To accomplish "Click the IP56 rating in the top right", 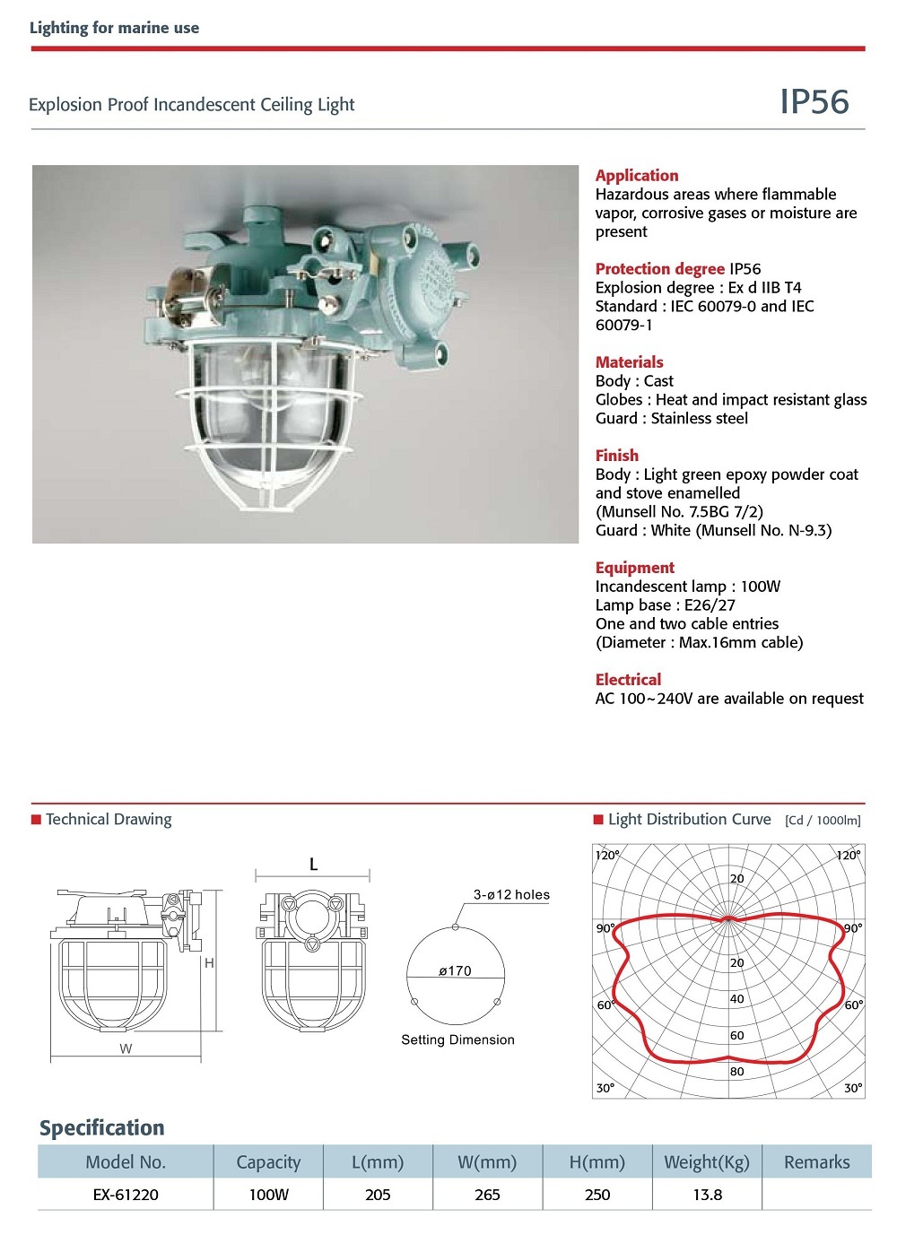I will tap(814, 102).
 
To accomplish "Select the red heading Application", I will tap(637, 176).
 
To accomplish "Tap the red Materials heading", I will tap(629, 362).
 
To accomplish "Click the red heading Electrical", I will tap(628, 680).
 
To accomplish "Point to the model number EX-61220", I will tap(126, 1195).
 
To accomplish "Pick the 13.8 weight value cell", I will tap(707, 1195).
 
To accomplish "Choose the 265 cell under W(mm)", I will tap(487, 1195).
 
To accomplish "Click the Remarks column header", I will tap(816, 1162).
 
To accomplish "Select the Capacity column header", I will tap(268, 1162).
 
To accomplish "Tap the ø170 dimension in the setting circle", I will tap(455, 971).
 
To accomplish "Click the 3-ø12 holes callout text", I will tap(511, 895).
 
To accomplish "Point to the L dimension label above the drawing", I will tap(313, 865).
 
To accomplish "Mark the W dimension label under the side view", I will tap(126, 1048).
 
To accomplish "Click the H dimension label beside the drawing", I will tap(209, 963).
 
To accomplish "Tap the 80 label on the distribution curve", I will tap(736, 1072).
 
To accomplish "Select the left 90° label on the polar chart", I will tap(605, 928).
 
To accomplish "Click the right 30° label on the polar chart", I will tap(852, 1088).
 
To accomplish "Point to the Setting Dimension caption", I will tap(457, 1040).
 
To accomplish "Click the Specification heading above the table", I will tap(101, 1128).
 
